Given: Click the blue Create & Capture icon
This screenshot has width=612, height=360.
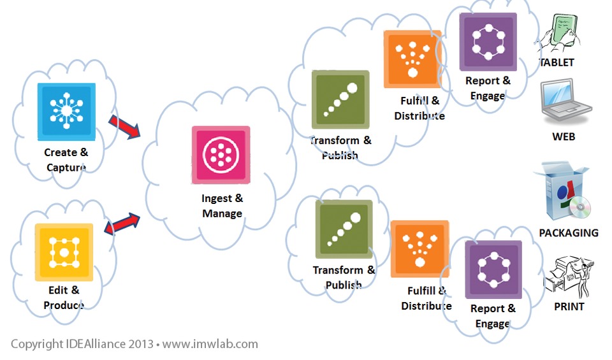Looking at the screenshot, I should [x=66, y=112].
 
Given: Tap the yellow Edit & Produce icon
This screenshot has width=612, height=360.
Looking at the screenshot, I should [x=64, y=252].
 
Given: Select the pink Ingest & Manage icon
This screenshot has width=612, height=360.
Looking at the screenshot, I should [x=221, y=154].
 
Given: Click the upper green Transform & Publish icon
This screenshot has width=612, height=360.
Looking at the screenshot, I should [x=340, y=99].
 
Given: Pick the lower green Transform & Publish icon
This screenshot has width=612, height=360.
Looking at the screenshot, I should [x=344, y=229].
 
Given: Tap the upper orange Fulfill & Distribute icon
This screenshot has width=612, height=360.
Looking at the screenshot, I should [x=412, y=59].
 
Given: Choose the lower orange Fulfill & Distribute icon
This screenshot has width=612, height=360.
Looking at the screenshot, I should [x=419, y=249].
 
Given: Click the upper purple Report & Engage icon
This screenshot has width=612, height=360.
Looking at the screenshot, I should [x=488, y=42].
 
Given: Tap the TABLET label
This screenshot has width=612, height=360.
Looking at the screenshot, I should [x=557, y=62].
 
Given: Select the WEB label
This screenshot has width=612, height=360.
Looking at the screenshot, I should [x=564, y=136].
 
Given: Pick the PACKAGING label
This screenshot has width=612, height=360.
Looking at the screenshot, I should [x=569, y=233].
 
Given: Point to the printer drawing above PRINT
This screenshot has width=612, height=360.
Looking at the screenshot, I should [x=567, y=275].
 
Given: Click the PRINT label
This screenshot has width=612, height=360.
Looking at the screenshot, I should [x=569, y=306].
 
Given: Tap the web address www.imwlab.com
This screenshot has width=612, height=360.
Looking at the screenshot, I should [x=210, y=344].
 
